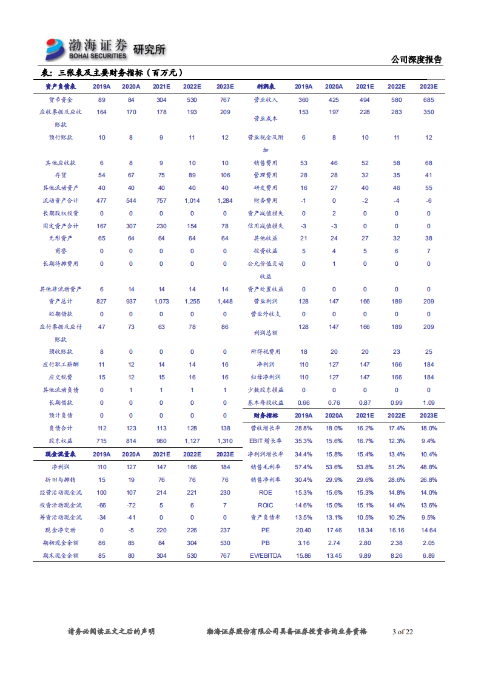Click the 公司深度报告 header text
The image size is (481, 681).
pyautogui.click(x=417, y=59)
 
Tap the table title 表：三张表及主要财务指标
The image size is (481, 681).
pyautogui.click(x=109, y=73)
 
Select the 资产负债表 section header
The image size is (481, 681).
pyautogui.click(x=60, y=87)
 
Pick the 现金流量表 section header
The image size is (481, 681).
pyautogui.click(x=60, y=454)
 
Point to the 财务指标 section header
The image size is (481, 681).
pyautogui.click(x=266, y=416)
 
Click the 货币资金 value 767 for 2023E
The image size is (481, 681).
pyautogui.click(x=225, y=100)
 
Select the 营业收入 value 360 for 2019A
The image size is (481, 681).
pyautogui.click(x=303, y=100)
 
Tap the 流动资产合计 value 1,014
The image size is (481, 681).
pyautogui.click(x=192, y=200)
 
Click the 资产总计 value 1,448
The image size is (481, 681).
pyautogui.click(x=225, y=302)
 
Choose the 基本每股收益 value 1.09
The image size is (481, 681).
pyautogui.click(x=428, y=402)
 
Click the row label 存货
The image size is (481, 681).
pyautogui.click(x=60, y=175)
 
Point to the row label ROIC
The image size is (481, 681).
pyautogui.click(x=266, y=505)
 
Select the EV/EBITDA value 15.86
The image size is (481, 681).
pyautogui.click(x=303, y=555)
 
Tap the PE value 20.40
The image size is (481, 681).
pyautogui.click(x=303, y=530)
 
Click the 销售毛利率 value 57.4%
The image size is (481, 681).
pyautogui.click(x=303, y=467)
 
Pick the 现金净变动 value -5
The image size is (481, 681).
pyautogui.click(x=131, y=530)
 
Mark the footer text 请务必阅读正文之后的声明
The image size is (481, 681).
pyautogui.click(x=110, y=632)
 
